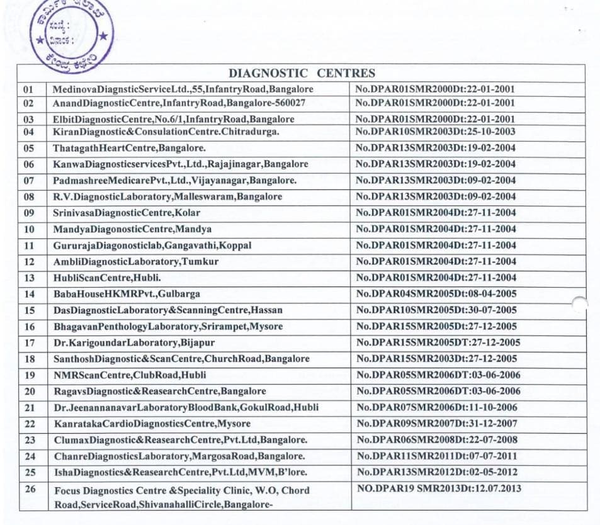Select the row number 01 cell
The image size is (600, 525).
tap(28, 89)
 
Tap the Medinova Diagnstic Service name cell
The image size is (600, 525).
tap(183, 89)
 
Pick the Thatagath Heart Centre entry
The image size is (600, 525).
tap(130, 148)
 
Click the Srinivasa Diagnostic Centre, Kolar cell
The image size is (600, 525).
tap(127, 213)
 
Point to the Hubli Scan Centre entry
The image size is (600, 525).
tap(98, 278)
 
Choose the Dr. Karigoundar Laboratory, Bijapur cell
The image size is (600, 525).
tap(134, 342)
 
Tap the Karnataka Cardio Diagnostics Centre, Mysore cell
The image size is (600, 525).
tap(152, 424)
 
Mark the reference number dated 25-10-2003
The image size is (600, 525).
tap(435, 132)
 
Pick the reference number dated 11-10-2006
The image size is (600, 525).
tap(436, 407)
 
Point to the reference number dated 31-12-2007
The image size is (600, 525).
tap(436, 424)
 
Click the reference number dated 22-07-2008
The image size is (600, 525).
tap(436, 440)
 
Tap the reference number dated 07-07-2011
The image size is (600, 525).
tap(436, 456)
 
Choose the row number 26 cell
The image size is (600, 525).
tap(30, 489)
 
